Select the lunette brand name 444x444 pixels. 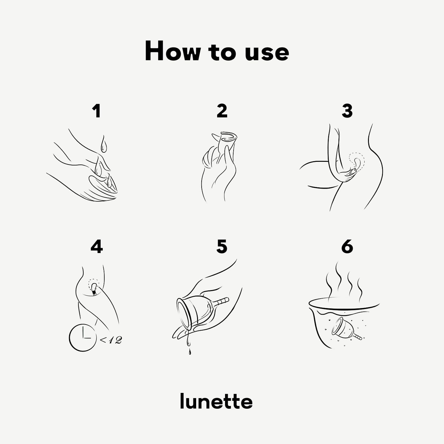(x=216, y=402)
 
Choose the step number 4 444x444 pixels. (x=97, y=246)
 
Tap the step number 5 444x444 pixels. (x=222, y=247)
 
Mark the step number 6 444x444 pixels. (x=347, y=247)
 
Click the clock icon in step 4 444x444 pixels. (x=83, y=338)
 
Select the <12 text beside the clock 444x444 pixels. (x=111, y=340)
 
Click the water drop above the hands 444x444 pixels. (x=104, y=144)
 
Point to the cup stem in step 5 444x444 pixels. (x=221, y=301)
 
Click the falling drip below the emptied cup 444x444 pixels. (x=190, y=352)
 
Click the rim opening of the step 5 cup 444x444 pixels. (x=184, y=314)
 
